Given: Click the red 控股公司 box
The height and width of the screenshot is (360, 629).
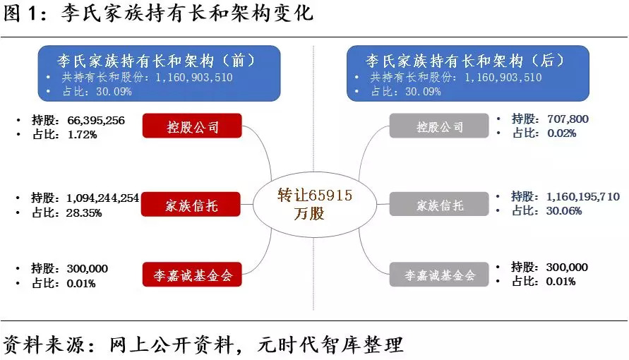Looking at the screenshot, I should tap(192, 127).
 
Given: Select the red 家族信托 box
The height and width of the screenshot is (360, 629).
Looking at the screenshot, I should tap(192, 205).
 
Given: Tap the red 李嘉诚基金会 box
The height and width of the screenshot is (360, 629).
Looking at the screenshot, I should tap(192, 274).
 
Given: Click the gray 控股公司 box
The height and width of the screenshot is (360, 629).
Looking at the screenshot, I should tap(439, 127).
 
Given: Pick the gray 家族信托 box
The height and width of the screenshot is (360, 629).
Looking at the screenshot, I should tap(439, 205).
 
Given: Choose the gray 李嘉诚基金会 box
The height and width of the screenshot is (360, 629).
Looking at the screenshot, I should tap(439, 275).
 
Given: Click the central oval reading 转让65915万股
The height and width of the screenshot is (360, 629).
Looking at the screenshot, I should tap(314, 204).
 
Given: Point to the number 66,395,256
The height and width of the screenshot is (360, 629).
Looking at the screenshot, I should tap(96, 121).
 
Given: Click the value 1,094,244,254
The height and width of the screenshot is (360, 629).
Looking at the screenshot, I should tap(104, 198).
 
